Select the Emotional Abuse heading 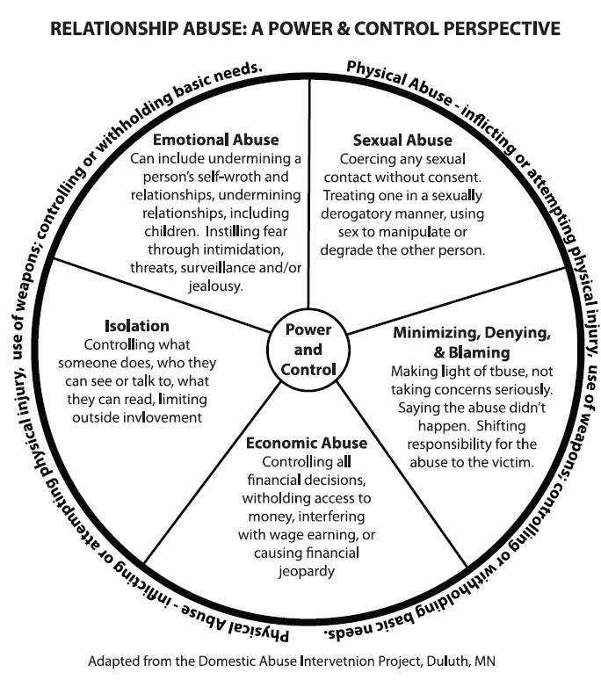pyautogui.click(x=216, y=140)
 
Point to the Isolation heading pyautogui.click(x=136, y=326)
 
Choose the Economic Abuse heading pyautogui.click(x=307, y=443)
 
